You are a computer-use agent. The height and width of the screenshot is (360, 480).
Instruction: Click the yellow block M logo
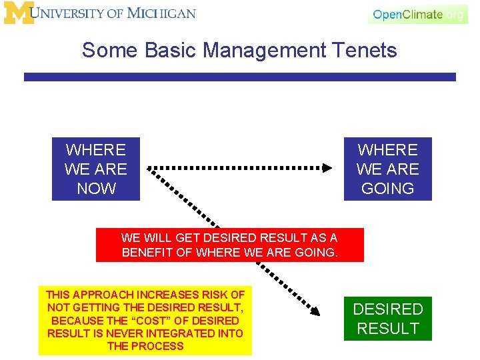19,13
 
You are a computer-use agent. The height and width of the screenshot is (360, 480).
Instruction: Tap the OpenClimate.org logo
418,14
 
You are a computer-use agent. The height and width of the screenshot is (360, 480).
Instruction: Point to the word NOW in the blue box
96,189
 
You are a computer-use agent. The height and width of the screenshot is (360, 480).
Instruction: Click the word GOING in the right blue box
387,189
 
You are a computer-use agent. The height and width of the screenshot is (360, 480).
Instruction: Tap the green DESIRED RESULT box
387,319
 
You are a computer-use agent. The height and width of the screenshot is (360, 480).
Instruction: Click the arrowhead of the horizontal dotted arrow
327,168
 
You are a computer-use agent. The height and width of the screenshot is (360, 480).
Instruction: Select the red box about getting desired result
230,245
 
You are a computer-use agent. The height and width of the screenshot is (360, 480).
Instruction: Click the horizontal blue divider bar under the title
240,77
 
